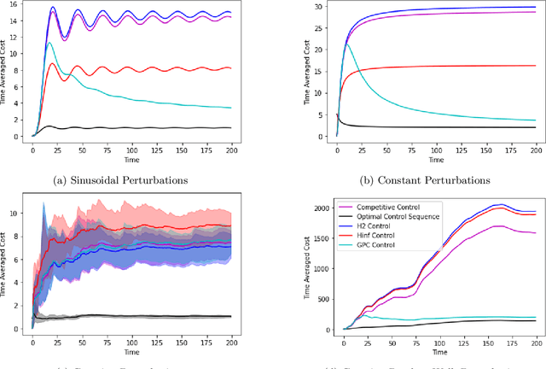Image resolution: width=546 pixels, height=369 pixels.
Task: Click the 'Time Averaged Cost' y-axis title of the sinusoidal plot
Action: [8, 75]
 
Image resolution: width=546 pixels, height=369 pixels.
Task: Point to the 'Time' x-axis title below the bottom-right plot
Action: [439, 350]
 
